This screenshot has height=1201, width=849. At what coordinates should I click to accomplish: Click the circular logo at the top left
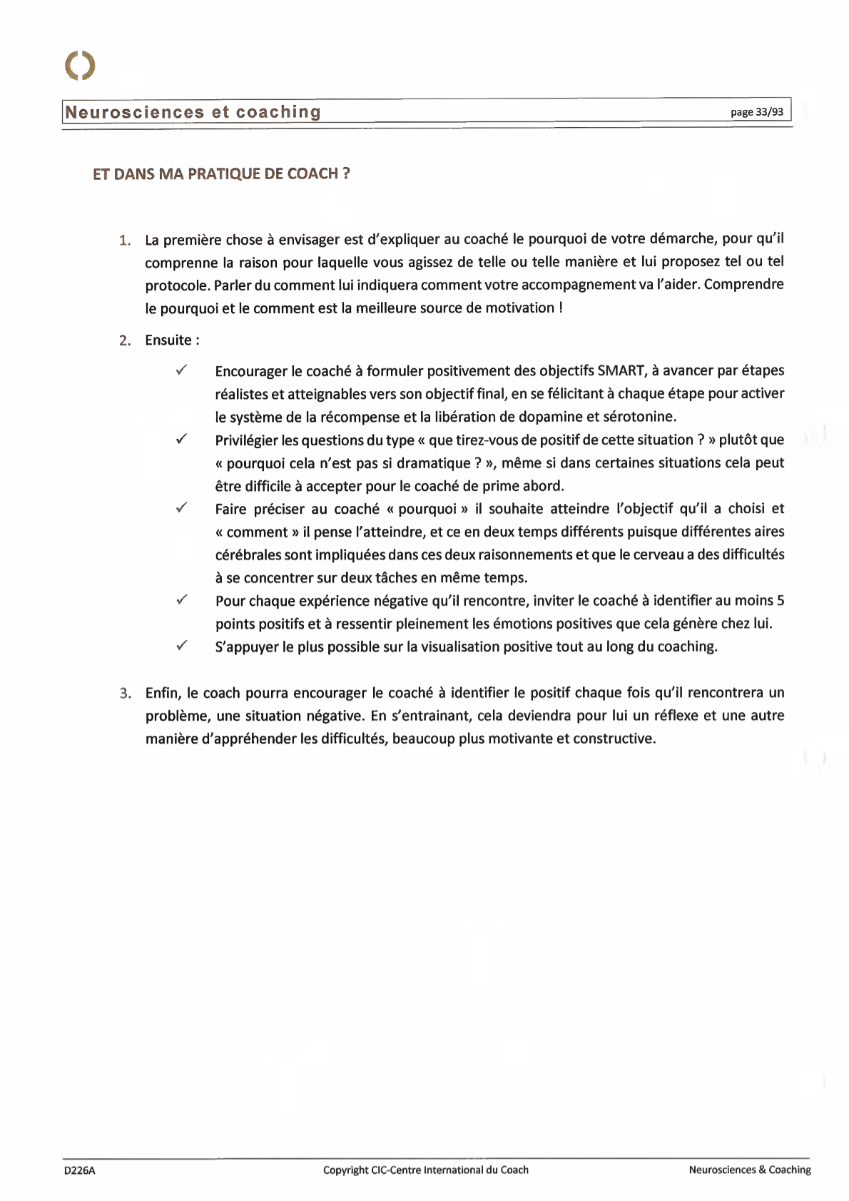(x=80, y=66)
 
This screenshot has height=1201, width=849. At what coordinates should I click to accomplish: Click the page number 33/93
(x=756, y=112)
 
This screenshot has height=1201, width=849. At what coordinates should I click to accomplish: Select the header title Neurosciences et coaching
(x=193, y=112)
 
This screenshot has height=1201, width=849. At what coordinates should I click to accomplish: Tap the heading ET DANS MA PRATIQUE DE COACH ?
(x=221, y=174)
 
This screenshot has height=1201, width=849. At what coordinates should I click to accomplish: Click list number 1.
(x=125, y=240)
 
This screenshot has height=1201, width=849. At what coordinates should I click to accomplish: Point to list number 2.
(x=125, y=341)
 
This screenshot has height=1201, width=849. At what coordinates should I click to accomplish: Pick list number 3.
(x=125, y=694)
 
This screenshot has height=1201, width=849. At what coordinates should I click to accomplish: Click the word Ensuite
(x=168, y=340)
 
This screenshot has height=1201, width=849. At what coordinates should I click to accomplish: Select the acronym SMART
(x=621, y=370)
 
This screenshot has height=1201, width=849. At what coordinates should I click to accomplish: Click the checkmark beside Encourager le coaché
(x=182, y=370)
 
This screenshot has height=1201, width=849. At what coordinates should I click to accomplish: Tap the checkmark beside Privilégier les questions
(x=182, y=439)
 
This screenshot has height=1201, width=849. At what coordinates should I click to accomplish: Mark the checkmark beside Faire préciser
(x=182, y=507)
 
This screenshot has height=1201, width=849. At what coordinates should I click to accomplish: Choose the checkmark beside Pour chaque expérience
(x=182, y=599)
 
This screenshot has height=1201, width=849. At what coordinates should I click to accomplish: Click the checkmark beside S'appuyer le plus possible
(x=182, y=645)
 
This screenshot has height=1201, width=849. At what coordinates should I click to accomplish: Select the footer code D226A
(x=80, y=1170)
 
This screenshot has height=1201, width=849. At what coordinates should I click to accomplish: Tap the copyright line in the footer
(x=426, y=1170)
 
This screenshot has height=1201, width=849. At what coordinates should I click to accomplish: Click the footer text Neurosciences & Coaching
(x=750, y=1170)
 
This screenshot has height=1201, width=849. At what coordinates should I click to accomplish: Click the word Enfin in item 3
(x=163, y=693)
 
